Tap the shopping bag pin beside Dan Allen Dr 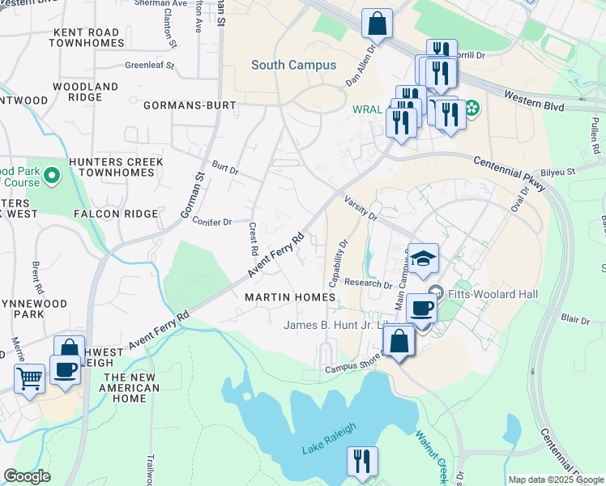377,23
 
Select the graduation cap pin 423,258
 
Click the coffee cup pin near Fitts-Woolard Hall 421,308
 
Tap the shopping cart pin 30,377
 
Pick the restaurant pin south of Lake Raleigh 362,461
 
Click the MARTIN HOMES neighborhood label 290,297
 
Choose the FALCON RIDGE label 115,213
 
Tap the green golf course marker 53,175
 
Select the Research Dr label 368,283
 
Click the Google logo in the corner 27,476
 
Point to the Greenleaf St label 150,66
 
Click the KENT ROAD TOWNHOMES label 86,37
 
